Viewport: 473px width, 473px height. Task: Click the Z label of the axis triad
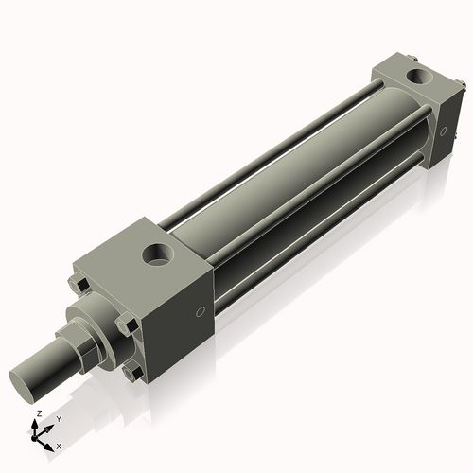point(37,414)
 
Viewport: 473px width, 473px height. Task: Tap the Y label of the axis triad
point(59,417)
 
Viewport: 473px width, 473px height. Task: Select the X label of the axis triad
point(59,445)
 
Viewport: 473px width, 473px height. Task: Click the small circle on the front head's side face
point(200,313)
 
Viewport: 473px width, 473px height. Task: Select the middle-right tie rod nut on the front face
point(126,327)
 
